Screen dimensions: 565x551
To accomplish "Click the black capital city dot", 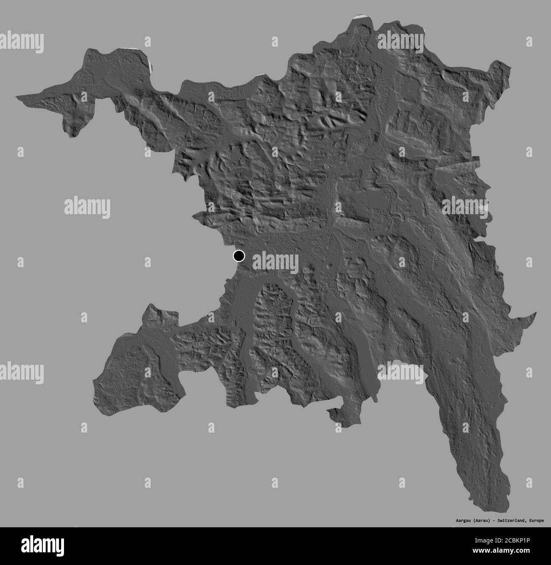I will [x=239, y=256].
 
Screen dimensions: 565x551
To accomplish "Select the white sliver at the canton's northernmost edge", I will [x=360, y=17].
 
